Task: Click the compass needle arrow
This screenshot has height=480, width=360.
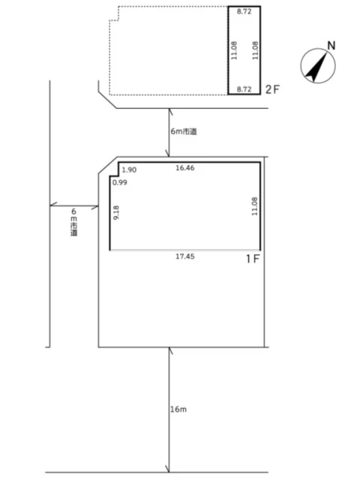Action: coord(317,66)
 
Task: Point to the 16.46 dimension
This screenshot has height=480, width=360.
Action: coord(184,169)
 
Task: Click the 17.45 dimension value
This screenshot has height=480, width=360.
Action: coord(185,256)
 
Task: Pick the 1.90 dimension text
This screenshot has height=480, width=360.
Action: coord(129,170)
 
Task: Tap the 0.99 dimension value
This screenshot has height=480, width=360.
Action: coord(119,182)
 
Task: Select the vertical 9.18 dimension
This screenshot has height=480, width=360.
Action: coord(116,213)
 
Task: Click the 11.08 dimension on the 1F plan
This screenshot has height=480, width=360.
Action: coord(254,205)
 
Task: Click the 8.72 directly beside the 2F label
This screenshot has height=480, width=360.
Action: coord(244,88)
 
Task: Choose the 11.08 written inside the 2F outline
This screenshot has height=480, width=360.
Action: coord(235,51)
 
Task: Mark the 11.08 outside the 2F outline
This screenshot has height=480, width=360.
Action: coord(255,51)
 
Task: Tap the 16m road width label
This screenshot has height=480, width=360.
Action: coord(178,409)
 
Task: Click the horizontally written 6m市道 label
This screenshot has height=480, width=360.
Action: coord(184,131)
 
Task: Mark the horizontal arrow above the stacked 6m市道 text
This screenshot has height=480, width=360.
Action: coord(74,204)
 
